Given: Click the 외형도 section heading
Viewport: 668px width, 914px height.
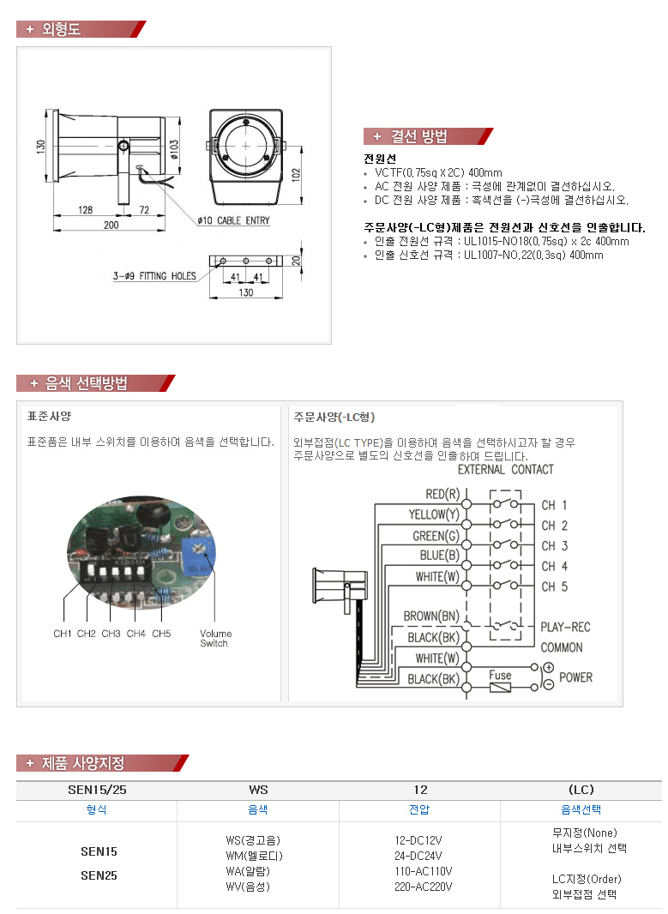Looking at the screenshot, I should click(60, 29).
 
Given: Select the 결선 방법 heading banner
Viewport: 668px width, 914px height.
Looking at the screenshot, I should click(419, 136).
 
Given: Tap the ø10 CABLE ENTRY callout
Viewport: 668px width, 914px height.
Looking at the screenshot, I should click(232, 220).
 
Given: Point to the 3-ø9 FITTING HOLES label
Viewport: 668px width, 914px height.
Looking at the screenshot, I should click(153, 276).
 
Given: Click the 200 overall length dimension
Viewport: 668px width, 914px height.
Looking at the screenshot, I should click(111, 225).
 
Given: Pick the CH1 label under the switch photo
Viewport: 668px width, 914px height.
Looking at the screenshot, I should click(62, 634).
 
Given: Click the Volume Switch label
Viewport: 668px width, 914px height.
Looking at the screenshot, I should click(215, 638).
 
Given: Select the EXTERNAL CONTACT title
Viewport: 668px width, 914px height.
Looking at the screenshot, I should click(505, 470).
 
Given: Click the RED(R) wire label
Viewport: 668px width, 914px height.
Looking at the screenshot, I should click(442, 495).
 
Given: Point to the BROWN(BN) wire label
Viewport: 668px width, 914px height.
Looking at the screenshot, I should click(431, 616).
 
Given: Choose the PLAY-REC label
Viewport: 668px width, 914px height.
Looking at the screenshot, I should click(565, 627).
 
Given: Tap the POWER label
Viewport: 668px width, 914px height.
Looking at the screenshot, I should click(575, 677).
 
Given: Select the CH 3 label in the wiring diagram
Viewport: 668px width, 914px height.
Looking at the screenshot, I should click(554, 546).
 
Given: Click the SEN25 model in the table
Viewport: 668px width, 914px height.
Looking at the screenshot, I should click(99, 875).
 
